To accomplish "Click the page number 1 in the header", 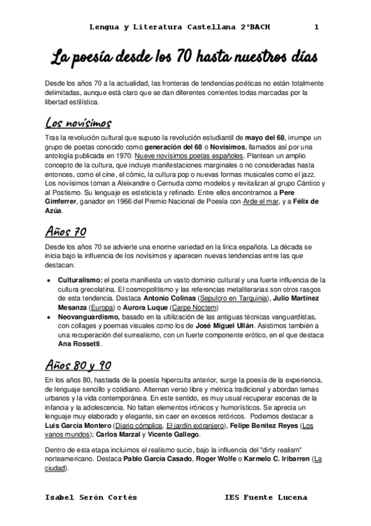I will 316,27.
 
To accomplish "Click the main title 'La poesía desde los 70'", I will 185,58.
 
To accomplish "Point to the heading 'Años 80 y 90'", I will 79,363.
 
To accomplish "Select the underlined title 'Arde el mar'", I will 259,202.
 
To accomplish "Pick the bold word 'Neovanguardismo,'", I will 88,317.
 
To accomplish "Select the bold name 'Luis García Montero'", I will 79,427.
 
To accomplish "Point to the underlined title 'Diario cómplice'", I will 139,427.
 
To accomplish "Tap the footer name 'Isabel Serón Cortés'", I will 92,497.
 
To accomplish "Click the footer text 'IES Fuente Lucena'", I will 266,497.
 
